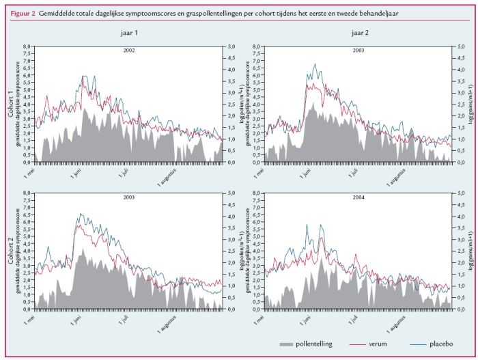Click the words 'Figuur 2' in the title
23,13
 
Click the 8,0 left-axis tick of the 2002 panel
27,47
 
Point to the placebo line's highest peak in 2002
83,77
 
